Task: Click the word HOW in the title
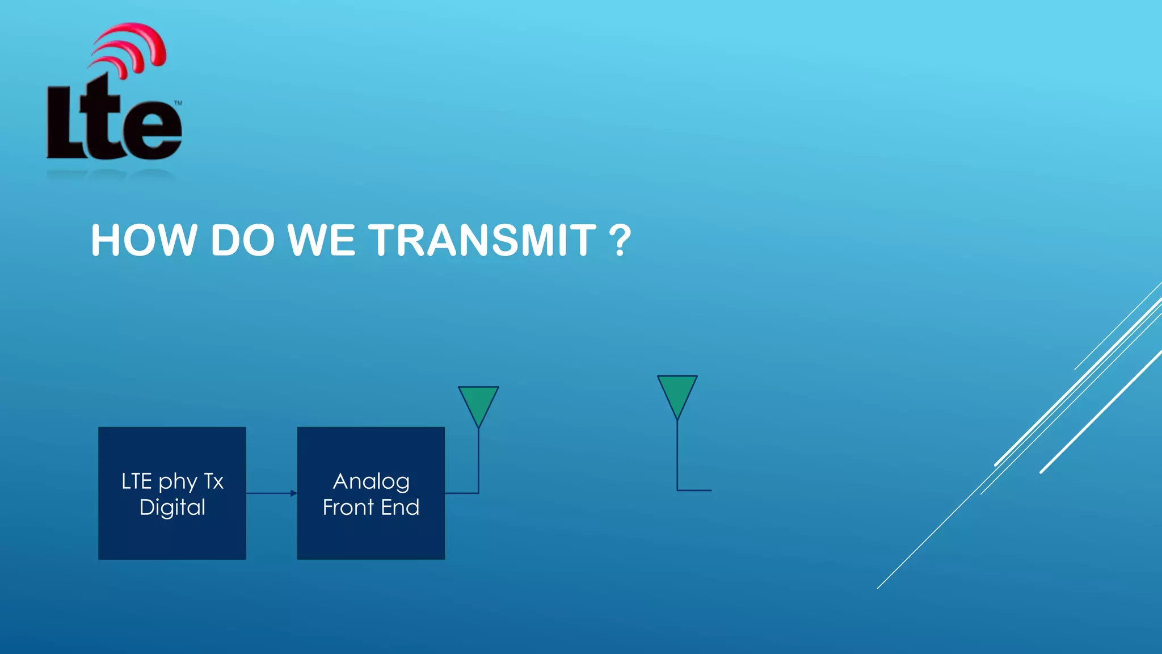[143, 240]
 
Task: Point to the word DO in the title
[242, 240]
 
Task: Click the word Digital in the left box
[172, 507]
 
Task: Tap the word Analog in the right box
[371, 481]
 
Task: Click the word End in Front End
[400, 507]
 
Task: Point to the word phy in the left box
[177, 482]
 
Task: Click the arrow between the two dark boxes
[271, 493]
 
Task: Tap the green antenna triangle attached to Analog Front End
[478, 403]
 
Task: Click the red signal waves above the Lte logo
[133, 48]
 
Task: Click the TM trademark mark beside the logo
[178, 103]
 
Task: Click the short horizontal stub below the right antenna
[695, 490]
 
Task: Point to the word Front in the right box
[348, 507]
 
